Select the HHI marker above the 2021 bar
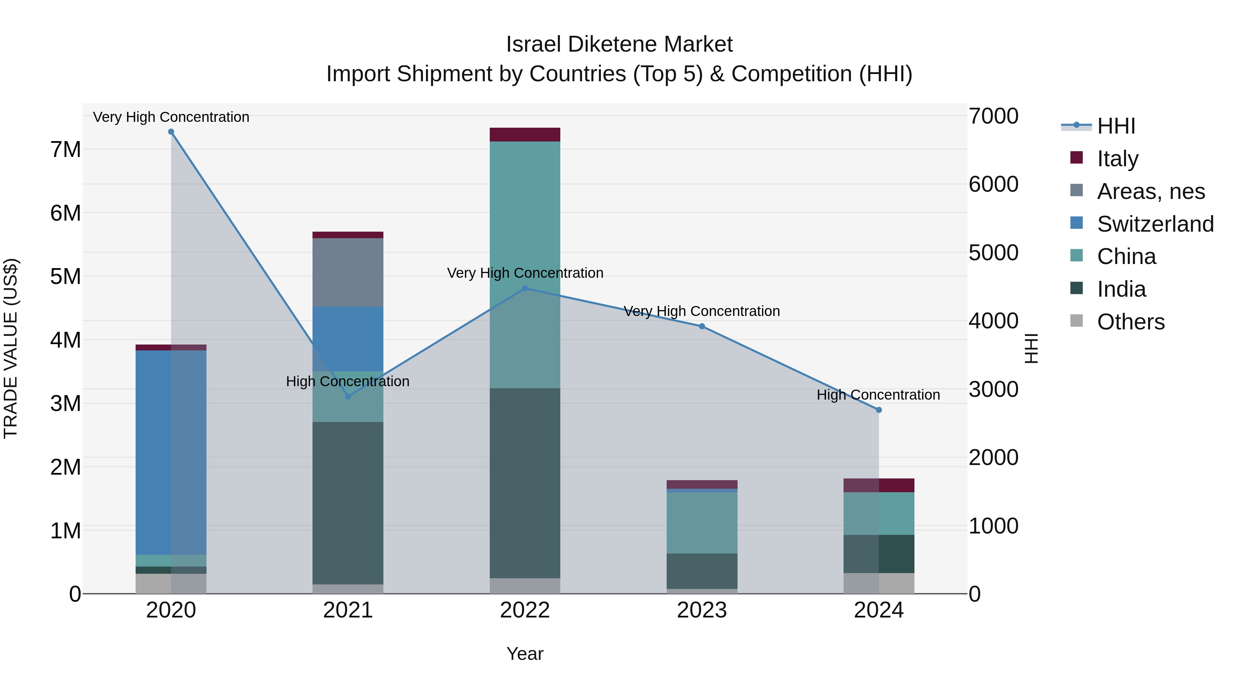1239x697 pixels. click(x=348, y=397)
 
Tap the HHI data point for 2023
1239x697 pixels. click(x=702, y=327)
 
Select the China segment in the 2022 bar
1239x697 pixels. click(x=525, y=265)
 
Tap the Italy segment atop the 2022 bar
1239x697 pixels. click(x=525, y=135)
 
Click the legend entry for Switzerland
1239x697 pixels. click(x=1155, y=224)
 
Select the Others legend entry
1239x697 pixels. click(x=1130, y=322)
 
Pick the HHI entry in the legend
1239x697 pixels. click(x=1116, y=126)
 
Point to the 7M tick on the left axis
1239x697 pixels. click(x=65, y=150)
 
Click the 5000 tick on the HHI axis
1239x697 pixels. click(x=993, y=253)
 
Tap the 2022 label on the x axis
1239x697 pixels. click(x=525, y=610)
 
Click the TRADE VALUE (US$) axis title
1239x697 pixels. click(x=11, y=348)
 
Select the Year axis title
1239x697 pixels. click(x=525, y=654)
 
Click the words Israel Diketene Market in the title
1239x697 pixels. click(x=619, y=44)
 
